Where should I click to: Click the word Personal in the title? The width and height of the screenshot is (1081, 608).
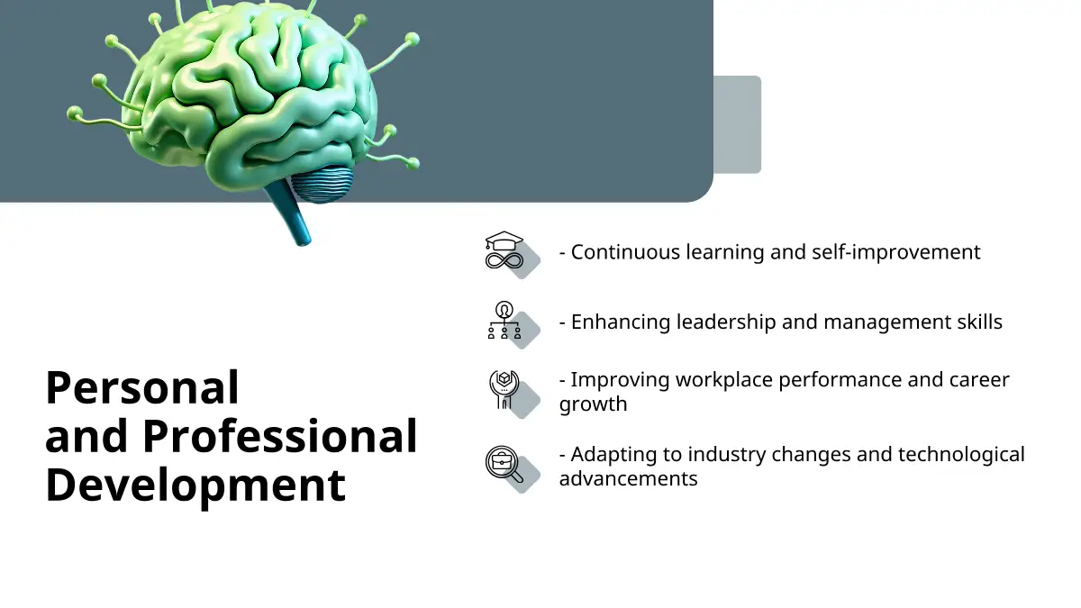[x=142, y=387]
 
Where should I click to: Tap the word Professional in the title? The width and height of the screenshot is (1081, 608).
[x=280, y=436]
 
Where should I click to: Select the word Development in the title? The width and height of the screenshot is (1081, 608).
[x=195, y=486]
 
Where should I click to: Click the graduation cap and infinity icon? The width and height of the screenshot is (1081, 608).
[x=504, y=250]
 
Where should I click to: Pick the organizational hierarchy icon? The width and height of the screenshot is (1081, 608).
[x=504, y=321]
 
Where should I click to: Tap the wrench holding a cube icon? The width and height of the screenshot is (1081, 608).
[x=504, y=390]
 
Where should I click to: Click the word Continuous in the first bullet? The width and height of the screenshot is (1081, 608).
[x=625, y=252]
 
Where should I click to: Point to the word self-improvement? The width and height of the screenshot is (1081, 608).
[x=896, y=252]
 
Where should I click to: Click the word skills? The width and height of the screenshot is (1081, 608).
[x=980, y=322]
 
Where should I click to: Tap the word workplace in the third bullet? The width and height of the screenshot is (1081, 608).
[x=724, y=381]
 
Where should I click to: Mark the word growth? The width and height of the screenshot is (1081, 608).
[x=593, y=404]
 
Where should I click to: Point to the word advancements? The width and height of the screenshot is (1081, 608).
[x=629, y=479]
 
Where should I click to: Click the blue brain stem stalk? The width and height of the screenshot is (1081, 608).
[x=288, y=213]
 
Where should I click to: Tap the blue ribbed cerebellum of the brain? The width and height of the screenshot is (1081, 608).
[x=322, y=184]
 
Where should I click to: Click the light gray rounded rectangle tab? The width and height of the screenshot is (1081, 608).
[x=738, y=124]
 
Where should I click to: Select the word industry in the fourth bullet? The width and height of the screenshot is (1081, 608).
[x=727, y=455]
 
